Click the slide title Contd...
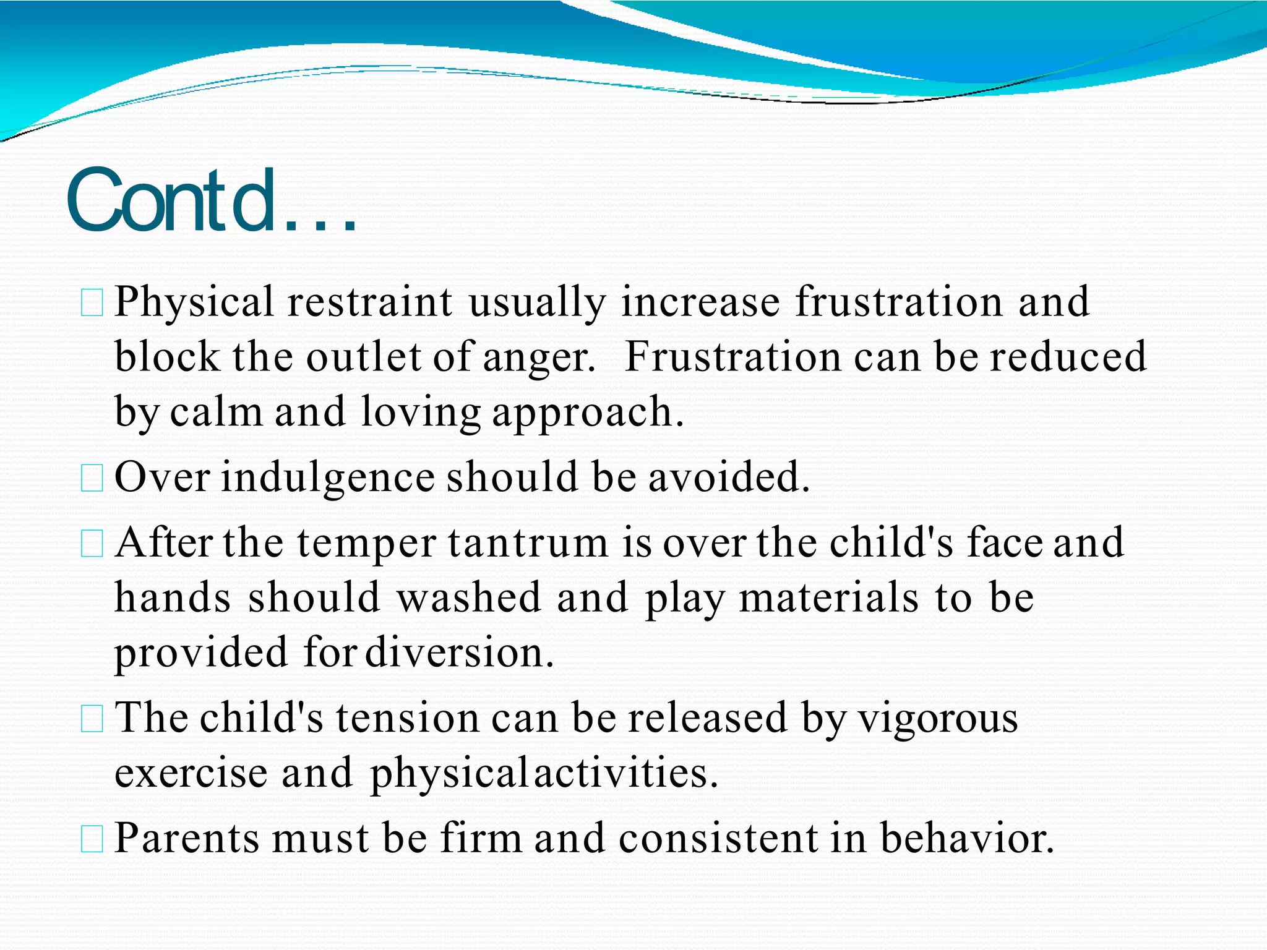coord(210,201)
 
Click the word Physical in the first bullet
coord(194,302)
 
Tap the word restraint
coord(369,302)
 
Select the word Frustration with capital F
coord(732,357)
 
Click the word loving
coord(421,413)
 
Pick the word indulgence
coord(328,478)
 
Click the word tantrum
coord(528,542)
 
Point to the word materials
coord(828,597)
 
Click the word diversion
coord(459,653)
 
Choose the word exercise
coord(191,773)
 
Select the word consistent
coord(718,838)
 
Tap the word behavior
coord(966,838)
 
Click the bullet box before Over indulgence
coord(92,479)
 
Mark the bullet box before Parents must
coord(92,840)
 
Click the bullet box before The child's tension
coord(92,720)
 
